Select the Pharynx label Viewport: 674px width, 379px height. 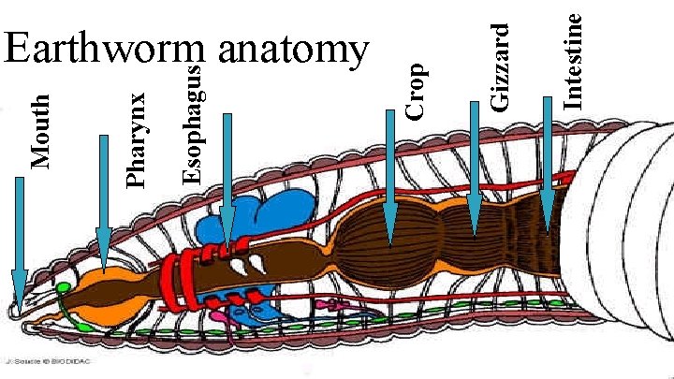pyautogui.click(x=137, y=138)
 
